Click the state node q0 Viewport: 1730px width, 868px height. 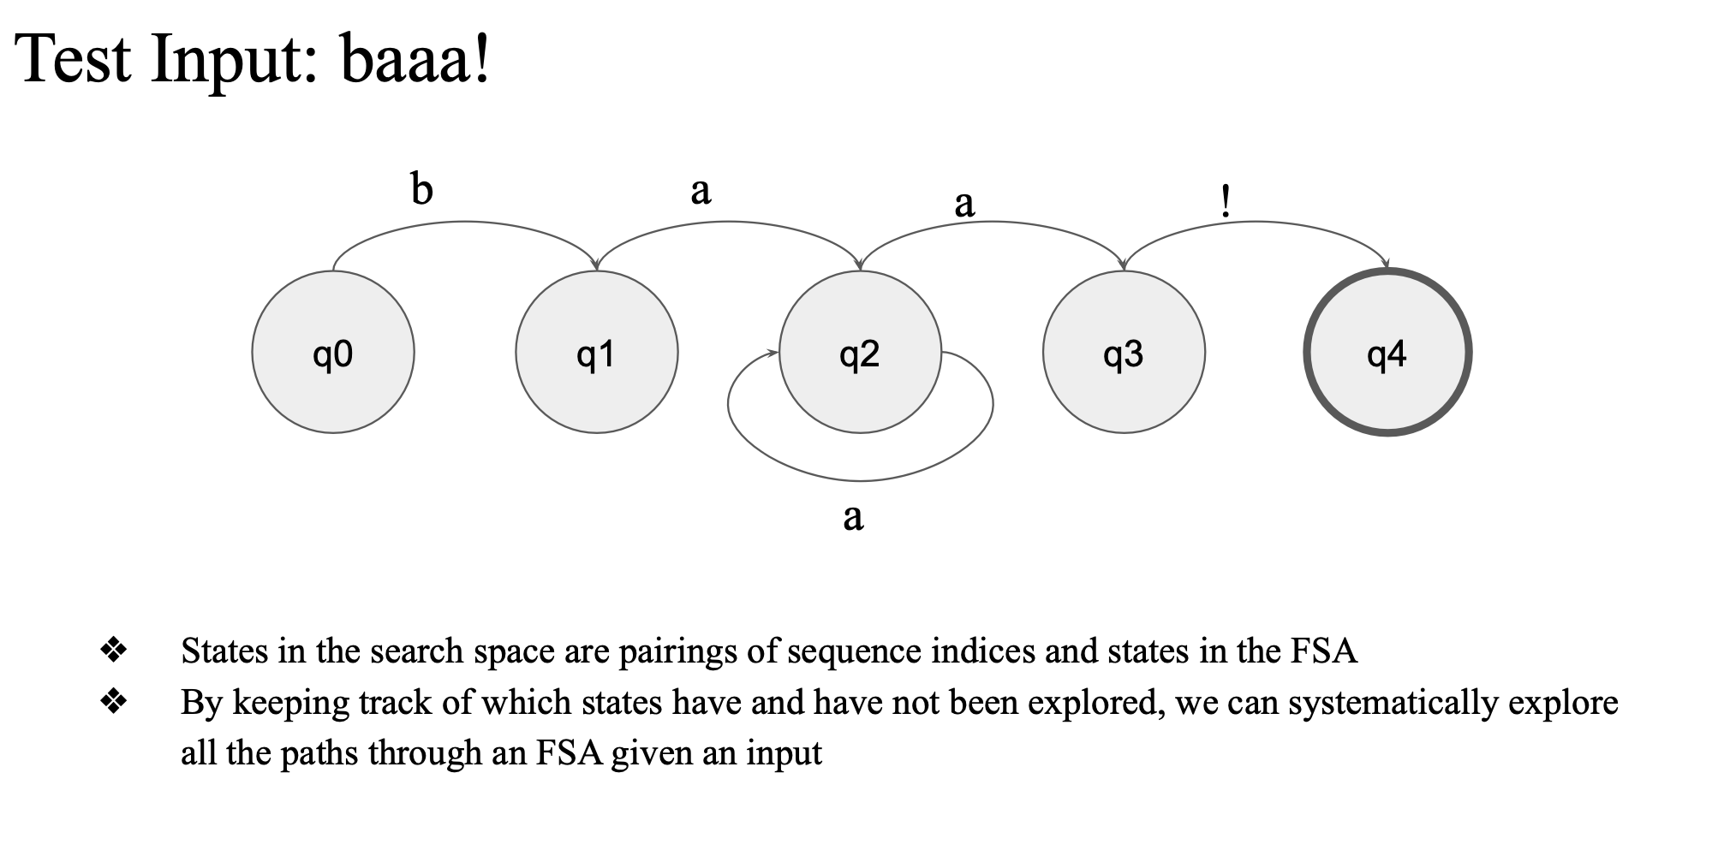coord(333,352)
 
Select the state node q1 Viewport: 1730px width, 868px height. coord(597,352)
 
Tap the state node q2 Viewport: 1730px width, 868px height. coord(860,352)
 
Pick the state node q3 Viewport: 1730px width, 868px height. coord(1124,352)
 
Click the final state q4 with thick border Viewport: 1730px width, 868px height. coord(1387,352)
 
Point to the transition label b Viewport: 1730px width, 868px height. coord(421,189)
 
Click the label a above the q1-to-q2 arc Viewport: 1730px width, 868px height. coord(701,191)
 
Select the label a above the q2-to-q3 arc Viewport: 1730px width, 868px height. coord(964,205)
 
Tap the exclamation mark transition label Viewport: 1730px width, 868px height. coord(1226,201)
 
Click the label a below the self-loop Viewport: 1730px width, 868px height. coord(853,517)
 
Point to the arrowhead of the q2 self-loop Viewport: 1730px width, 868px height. coord(773,353)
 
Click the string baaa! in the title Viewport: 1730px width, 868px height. coord(415,58)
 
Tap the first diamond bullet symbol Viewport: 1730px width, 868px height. coord(113,651)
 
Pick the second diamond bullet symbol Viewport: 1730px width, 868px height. coord(113,702)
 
